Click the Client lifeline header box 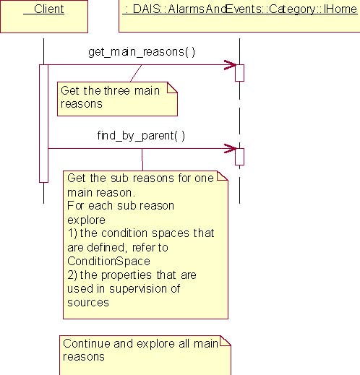point(44,17)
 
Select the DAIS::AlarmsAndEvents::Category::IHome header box point(239,16)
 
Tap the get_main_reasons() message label point(142,52)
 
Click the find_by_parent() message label point(141,136)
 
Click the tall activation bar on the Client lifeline point(43,124)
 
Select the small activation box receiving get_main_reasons point(239,73)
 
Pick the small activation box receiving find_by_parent point(239,157)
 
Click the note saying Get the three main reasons point(117,99)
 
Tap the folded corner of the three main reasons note point(173,87)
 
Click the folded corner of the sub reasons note point(223,176)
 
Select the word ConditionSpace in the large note point(108,262)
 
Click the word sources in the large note point(88,303)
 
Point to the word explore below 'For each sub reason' point(86,220)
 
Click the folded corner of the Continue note point(225,341)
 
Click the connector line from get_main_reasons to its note point(136,73)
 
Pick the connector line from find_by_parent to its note point(142,160)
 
